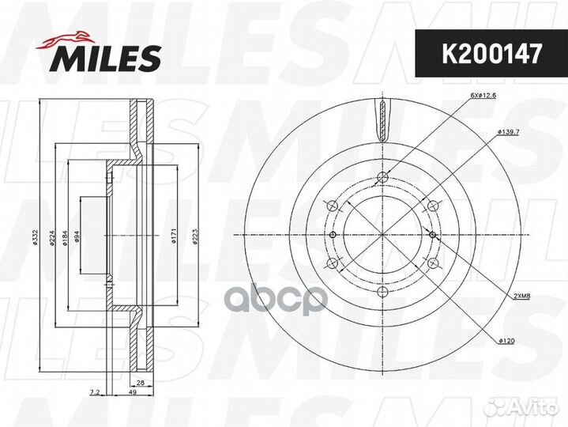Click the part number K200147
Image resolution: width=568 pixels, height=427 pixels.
[x=491, y=53]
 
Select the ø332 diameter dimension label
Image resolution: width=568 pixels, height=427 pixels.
[x=35, y=237]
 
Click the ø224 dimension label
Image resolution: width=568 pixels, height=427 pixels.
[x=52, y=238]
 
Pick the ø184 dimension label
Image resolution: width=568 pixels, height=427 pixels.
[x=66, y=238]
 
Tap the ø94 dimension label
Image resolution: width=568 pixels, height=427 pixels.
[x=77, y=236]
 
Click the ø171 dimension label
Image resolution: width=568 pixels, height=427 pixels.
[x=174, y=236]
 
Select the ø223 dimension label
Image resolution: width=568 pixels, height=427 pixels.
[x=195, y=236]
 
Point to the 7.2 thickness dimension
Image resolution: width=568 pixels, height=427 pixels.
[x=94, y=392]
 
